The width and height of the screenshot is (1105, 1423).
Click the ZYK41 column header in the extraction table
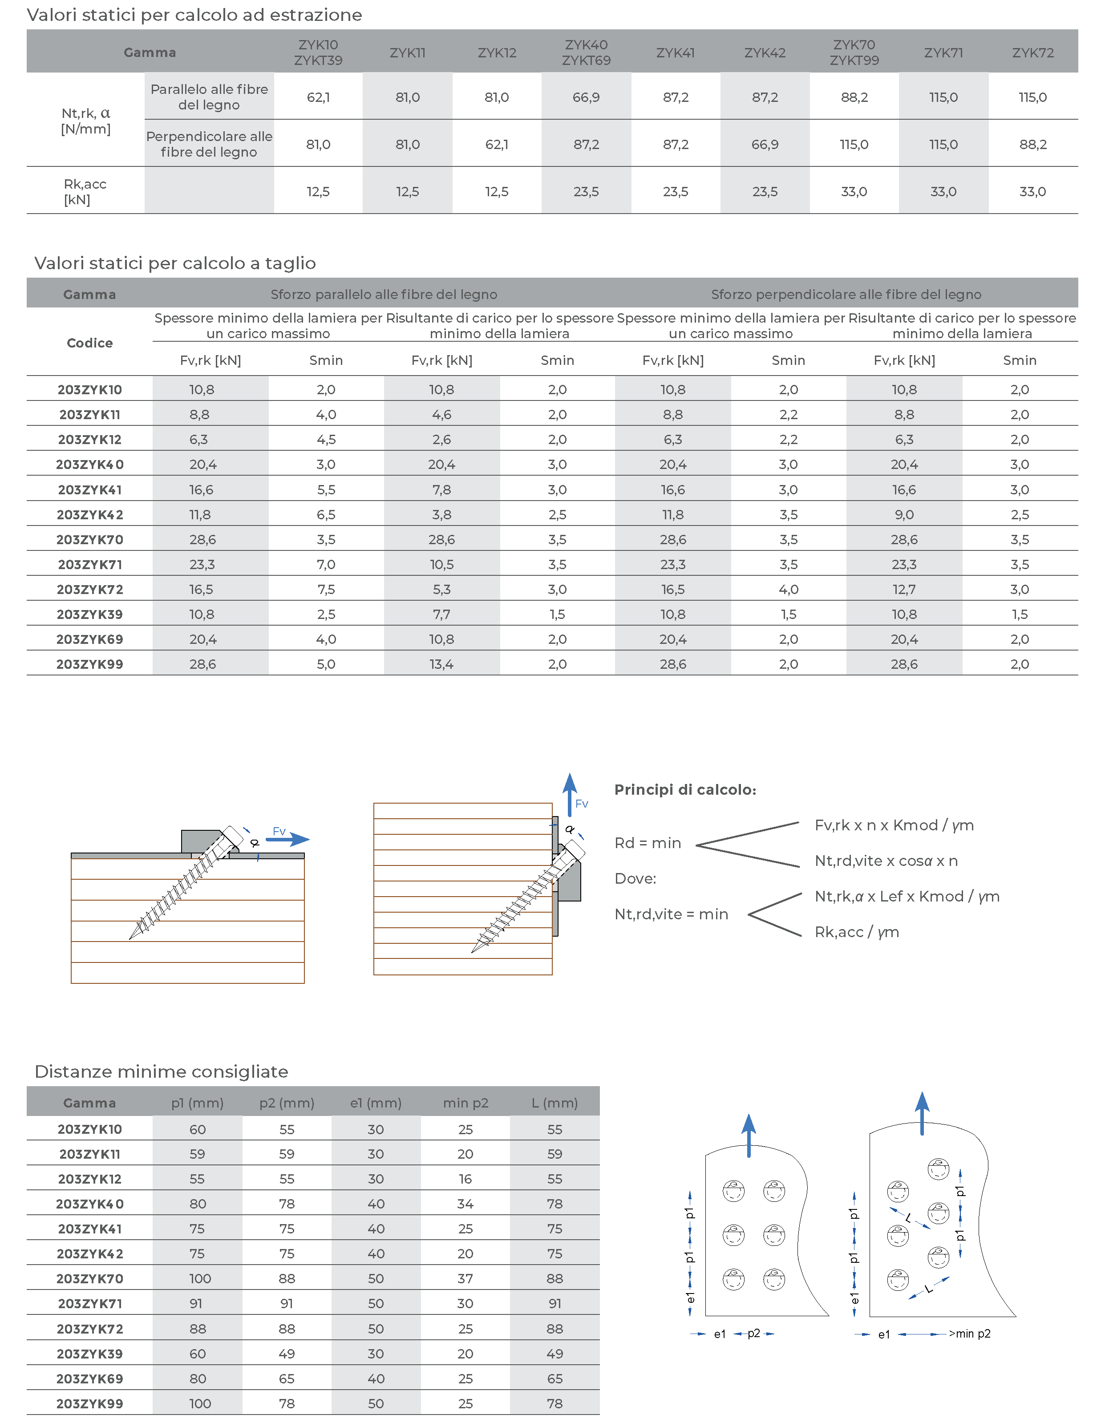point(675,53)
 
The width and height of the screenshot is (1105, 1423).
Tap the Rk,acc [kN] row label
point(85,191)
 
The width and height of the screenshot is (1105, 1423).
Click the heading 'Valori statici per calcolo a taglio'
point(174,263)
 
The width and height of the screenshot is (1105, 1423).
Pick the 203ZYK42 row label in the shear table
point(90,515)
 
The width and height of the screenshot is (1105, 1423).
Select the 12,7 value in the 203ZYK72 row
point(904,590)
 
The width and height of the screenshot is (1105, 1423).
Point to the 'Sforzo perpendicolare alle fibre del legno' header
point(846,295)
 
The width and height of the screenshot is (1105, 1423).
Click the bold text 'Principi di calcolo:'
point(685,790)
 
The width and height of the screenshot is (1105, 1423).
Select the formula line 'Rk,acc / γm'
point(857,932)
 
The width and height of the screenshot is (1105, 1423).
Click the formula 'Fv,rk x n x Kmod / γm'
point(894,825)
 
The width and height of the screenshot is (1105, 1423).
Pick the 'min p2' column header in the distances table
point(465,1103)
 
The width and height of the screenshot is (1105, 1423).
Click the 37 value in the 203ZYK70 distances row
point(465,1279)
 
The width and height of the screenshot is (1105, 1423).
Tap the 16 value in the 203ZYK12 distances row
point(465,1179)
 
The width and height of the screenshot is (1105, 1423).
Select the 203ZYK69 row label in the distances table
point(90,1379)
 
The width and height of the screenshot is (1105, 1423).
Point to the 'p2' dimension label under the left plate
point(754,1333)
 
